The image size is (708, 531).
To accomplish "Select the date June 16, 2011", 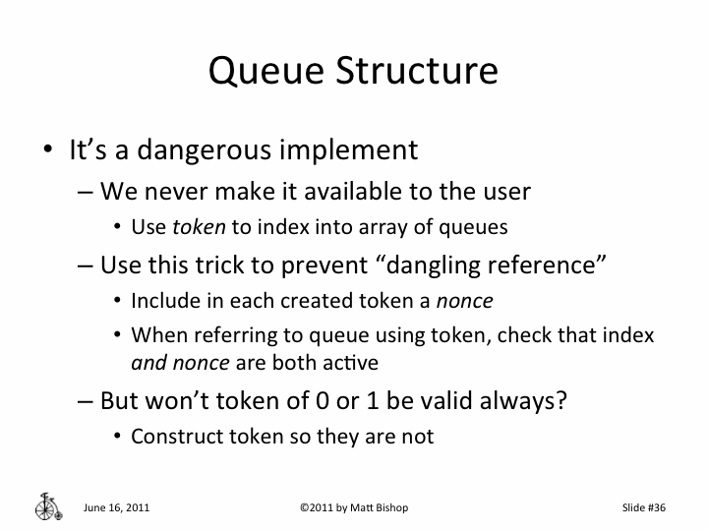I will (116, 508).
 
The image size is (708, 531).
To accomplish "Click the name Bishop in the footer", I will (386, 508).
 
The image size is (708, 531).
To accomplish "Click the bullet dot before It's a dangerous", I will (47, 151).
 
